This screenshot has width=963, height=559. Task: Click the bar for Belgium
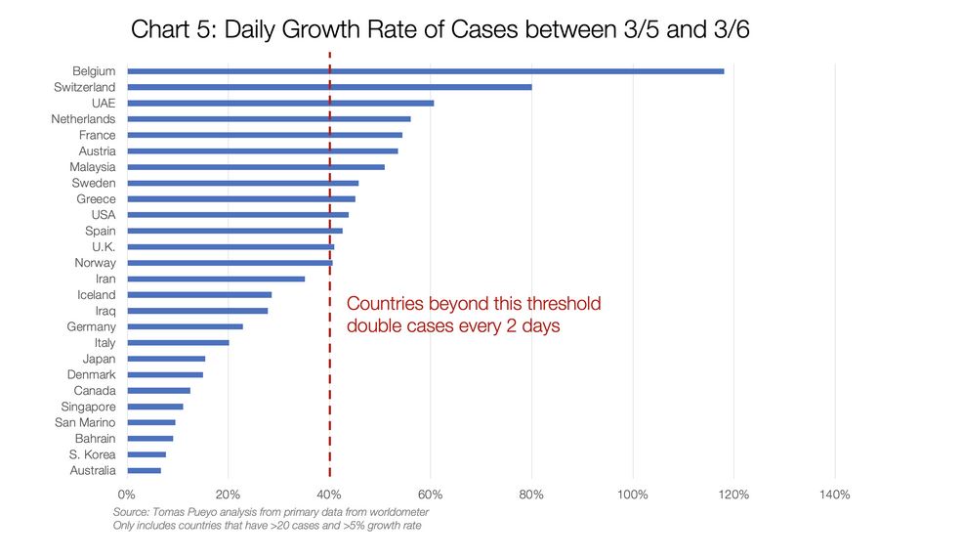(425, 71)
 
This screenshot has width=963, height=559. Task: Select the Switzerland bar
(329, 87)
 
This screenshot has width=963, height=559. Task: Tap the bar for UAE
(280, 103)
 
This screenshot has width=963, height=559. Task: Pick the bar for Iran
(216, 279)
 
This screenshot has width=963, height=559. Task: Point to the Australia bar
(144, 470)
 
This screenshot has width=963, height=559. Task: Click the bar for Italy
(178, 343)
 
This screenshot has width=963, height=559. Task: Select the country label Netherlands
(83, 119)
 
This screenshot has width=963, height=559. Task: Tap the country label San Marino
(85, 423)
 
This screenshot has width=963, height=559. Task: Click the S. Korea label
(92, 454)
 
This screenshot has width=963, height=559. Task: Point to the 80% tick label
(531, 494)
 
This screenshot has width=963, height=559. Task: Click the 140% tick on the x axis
(835, 494)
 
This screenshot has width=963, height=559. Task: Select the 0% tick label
(127, 494)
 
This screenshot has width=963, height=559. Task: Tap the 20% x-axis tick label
(228, 494)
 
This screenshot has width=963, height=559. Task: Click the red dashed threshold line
(330, 391)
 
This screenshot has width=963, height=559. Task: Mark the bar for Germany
(185, 326)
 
